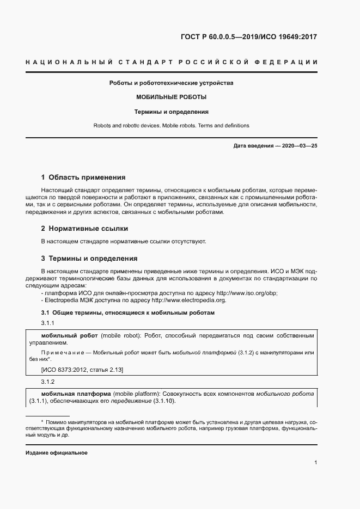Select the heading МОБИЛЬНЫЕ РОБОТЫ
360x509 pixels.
[171, 97]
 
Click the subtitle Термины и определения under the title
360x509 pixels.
[172, 112]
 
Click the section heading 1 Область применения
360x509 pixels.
[83, 177]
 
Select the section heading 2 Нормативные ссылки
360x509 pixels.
[85, 229]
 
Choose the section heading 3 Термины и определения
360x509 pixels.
[89, 258]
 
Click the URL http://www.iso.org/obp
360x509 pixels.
[247, 292]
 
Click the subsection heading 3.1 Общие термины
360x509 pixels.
[128, 312]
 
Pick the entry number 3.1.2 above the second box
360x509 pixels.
[48, 381]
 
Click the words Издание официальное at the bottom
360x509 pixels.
[56, 453]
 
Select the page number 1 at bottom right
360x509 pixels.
[315, 462]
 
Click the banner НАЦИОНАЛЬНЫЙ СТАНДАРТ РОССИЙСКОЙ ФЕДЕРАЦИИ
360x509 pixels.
[171, 63]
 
